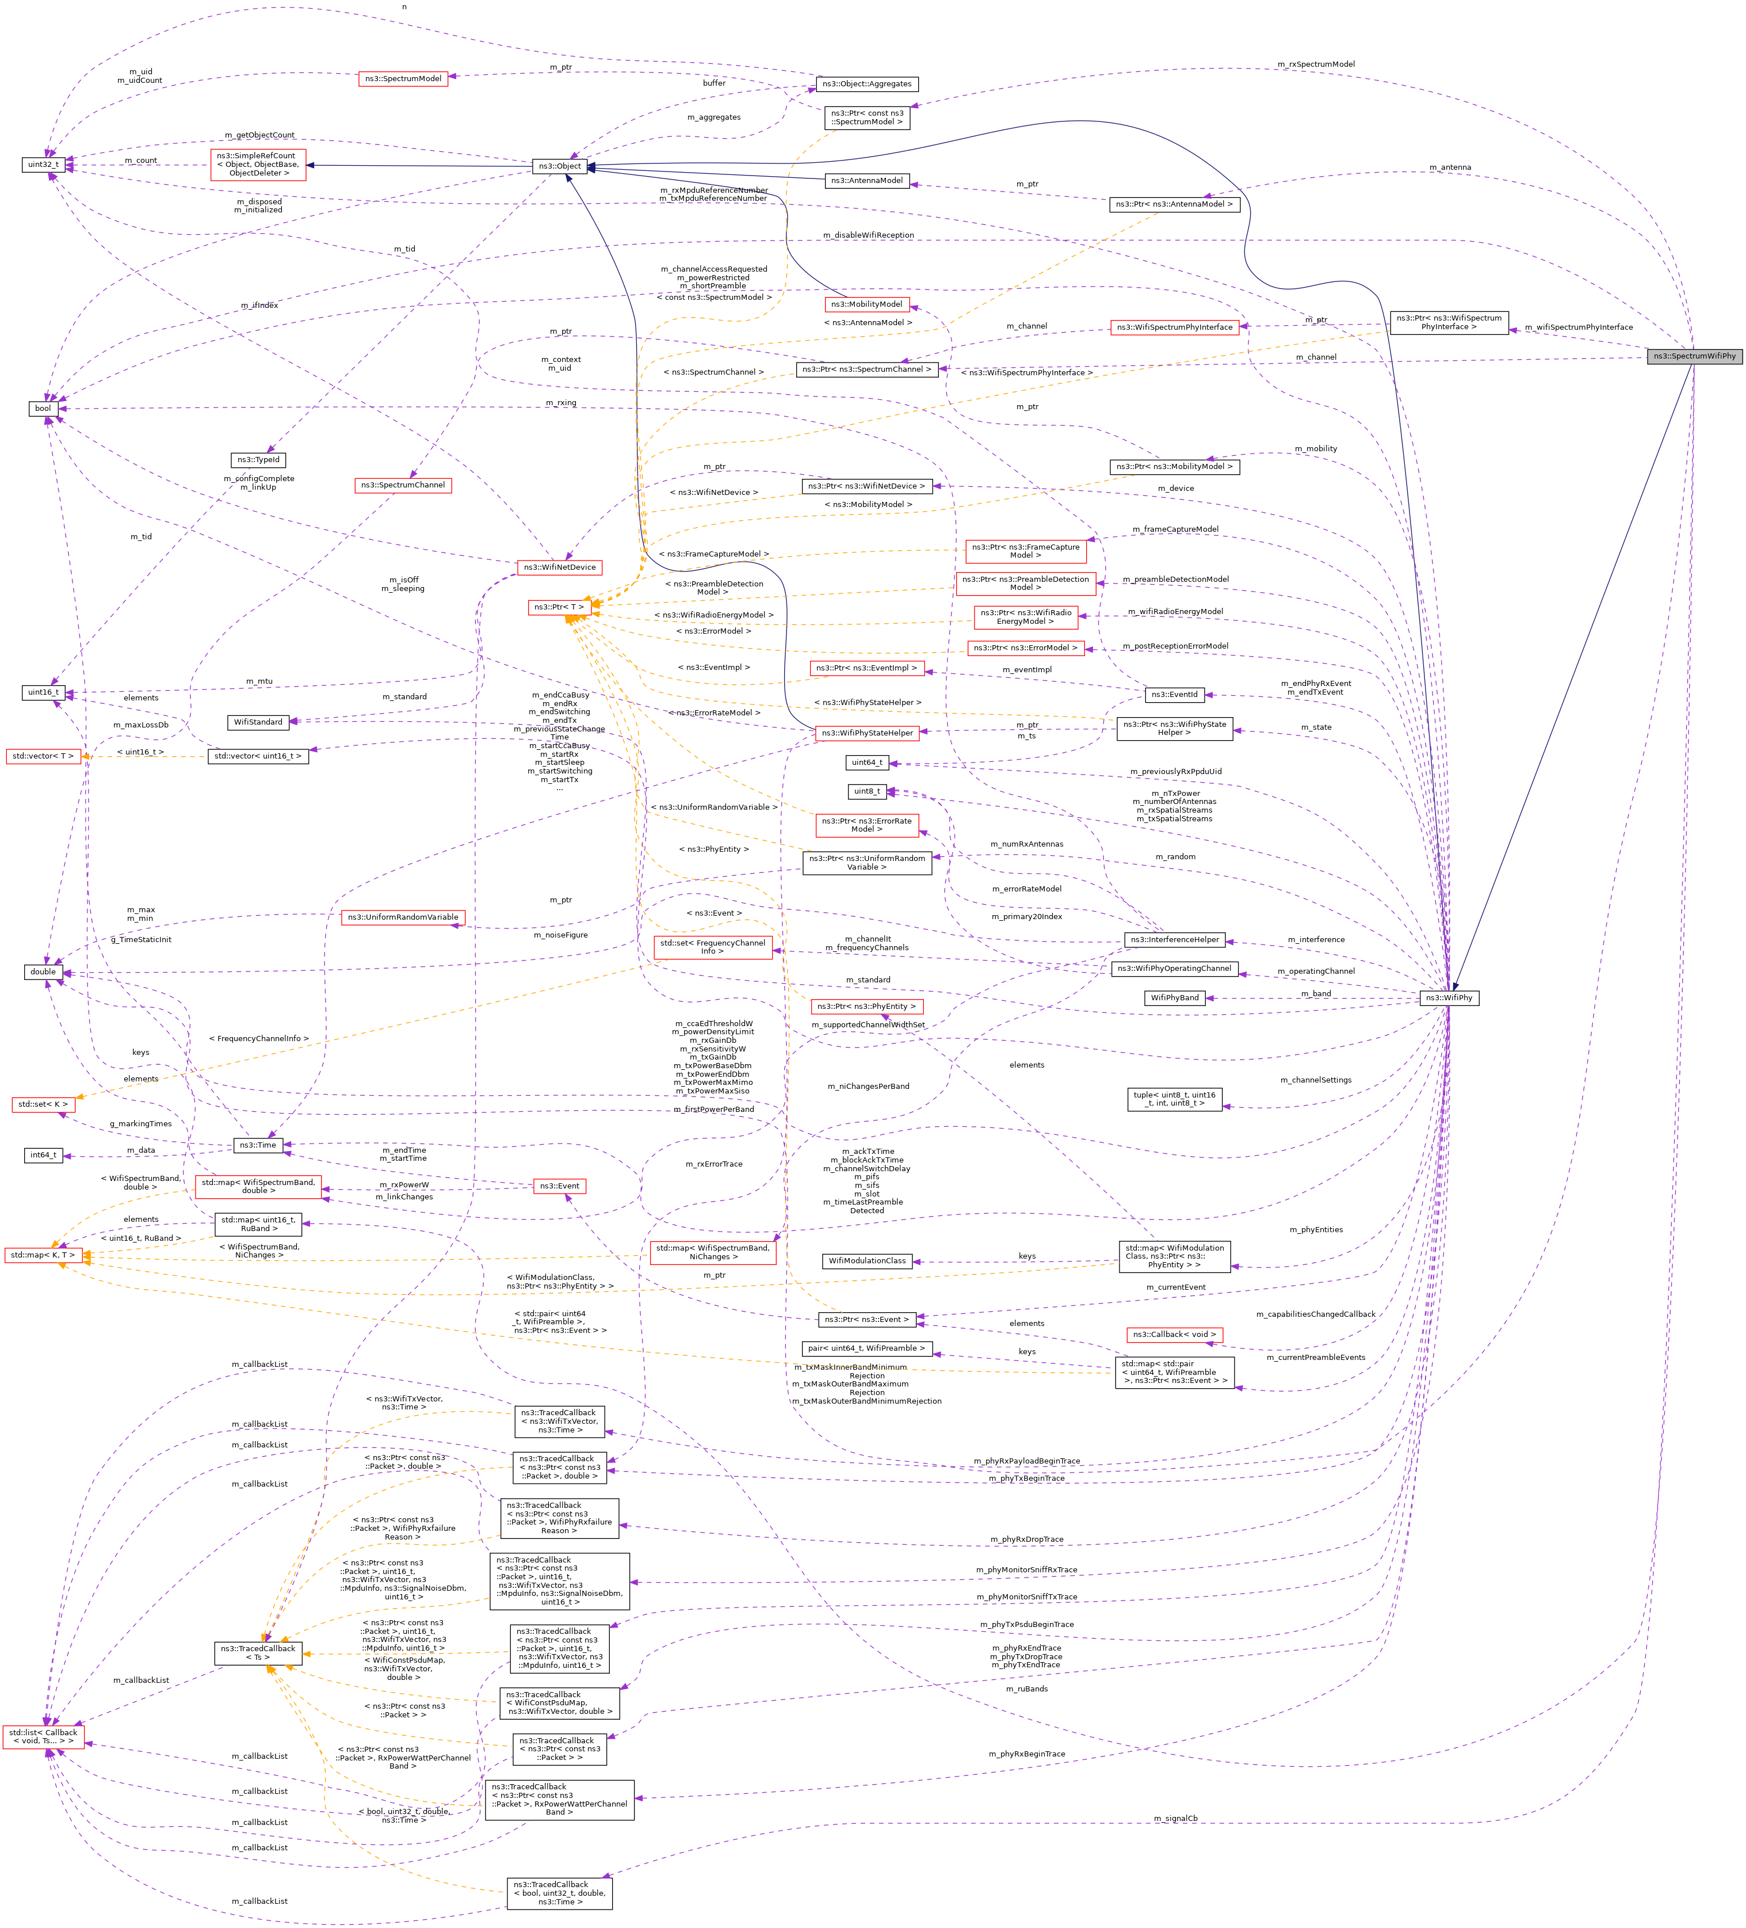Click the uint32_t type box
[43, 165]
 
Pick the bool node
[43, 409]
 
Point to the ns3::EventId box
[1173, 695]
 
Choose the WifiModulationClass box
[868, 1262]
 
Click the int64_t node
[43, 1155]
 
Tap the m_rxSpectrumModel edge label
[1316, 64]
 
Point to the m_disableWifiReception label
[868, 235]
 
